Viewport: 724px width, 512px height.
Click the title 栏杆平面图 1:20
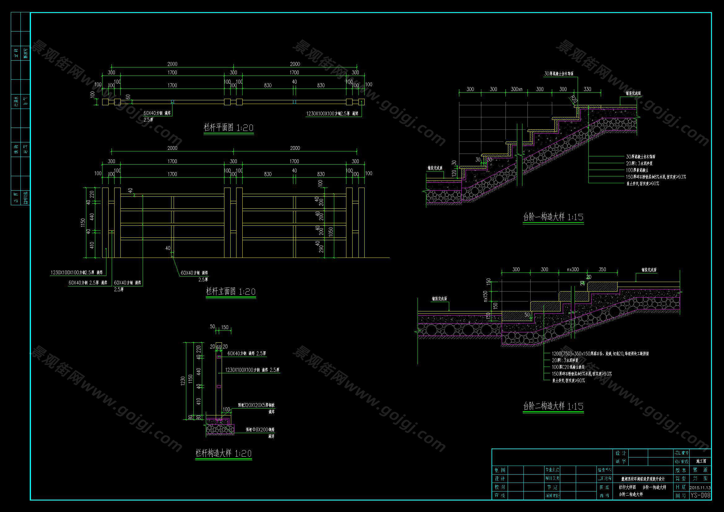click(229, 128)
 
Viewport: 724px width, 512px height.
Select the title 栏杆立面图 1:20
click(231, 291)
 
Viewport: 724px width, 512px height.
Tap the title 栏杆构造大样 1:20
click(223, 453)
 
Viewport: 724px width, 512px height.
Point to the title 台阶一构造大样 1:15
click(553, 217)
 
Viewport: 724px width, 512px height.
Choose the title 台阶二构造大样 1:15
click(553, 406)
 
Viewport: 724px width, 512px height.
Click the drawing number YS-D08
click(701, 495)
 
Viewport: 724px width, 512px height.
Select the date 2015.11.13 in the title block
click(700, 487)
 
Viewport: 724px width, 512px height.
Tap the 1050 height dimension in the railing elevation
click(331, 233)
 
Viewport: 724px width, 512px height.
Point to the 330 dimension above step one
click(587, 89)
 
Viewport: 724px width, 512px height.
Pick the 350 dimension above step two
click(602, 270)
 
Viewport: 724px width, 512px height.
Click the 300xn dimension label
click(517, 89)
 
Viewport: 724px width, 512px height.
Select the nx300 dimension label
click(573, 270)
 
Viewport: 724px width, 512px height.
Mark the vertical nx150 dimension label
click(486, 296)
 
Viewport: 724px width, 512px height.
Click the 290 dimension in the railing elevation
click(321, 249)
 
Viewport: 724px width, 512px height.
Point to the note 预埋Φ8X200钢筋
click(260, 430)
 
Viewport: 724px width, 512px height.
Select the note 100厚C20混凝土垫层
click(568, 367)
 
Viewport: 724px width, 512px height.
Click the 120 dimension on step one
click(454, 173)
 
